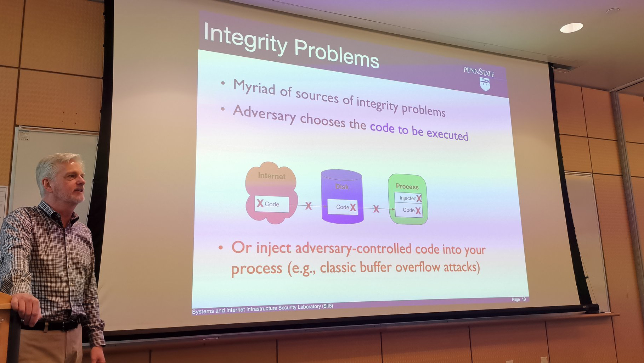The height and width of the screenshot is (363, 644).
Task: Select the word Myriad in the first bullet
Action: pos(254,87)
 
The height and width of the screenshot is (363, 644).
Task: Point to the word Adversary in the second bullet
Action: pos(264,113)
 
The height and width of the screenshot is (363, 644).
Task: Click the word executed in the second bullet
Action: pos(447,134)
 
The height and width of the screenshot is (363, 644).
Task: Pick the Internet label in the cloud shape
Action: pos(272,176)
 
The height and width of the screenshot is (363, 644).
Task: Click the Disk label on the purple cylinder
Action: pos(342,186)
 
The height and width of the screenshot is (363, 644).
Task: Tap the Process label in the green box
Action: pos(407,186)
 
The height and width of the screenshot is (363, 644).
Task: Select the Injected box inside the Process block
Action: pos(408,198)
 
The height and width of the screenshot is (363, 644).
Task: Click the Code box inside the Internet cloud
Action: pos(272,204)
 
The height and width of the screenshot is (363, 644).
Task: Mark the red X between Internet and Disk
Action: pos(309,206)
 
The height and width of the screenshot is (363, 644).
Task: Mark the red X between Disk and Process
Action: pos(376,209)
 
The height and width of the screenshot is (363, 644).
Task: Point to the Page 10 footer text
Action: pos(519,300)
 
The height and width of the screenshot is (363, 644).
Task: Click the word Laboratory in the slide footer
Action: pos(309,307)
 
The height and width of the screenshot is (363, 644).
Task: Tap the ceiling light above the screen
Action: pos(571,28)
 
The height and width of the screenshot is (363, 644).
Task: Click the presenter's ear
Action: pos(46,185)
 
